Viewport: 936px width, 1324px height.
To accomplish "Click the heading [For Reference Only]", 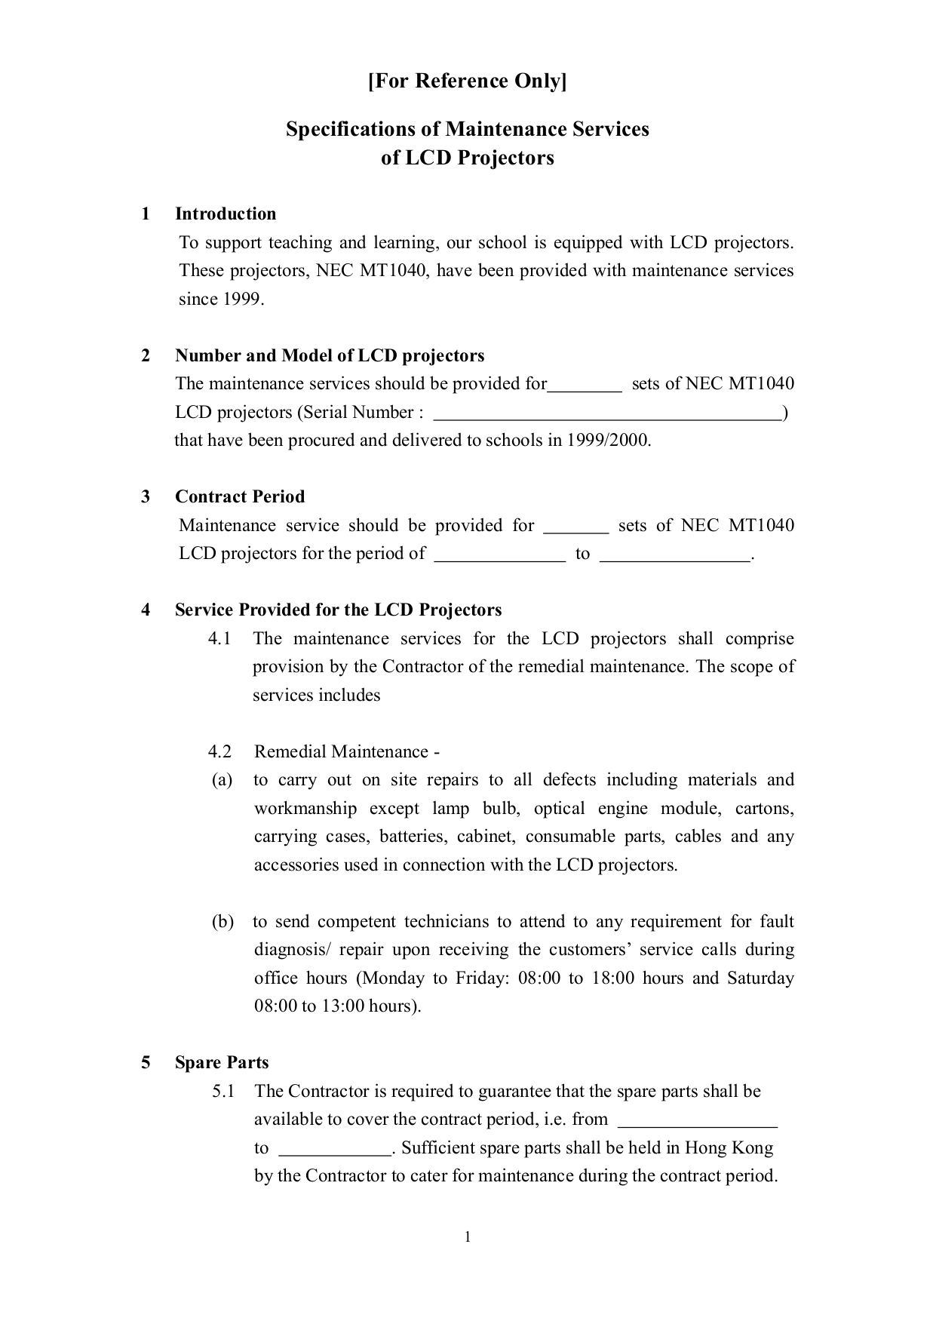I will [x=467, y=81].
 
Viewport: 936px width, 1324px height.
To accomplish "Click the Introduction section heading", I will [x=226, y=213].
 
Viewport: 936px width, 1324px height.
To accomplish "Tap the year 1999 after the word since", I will [x=242, y=299].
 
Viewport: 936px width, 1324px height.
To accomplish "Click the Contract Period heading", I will [x=240, y=496].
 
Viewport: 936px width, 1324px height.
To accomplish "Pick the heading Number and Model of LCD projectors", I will [x=330, y=355].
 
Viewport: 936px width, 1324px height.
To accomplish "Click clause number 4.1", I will [x=219, y=638].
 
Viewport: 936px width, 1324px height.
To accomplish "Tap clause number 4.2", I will [x=219, y=751].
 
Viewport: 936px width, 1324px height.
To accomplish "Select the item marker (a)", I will [x=222, y=780].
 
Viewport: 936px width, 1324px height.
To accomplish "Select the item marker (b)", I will [x=222, y=921].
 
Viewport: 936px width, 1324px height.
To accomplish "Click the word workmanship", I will [x=305, y=808].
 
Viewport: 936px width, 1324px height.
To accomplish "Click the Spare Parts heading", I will [x=222, y=1062].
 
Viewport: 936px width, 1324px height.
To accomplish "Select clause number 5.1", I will [x=223, y=1091].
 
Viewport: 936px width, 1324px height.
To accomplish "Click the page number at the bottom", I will [x=468, y=1236].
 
